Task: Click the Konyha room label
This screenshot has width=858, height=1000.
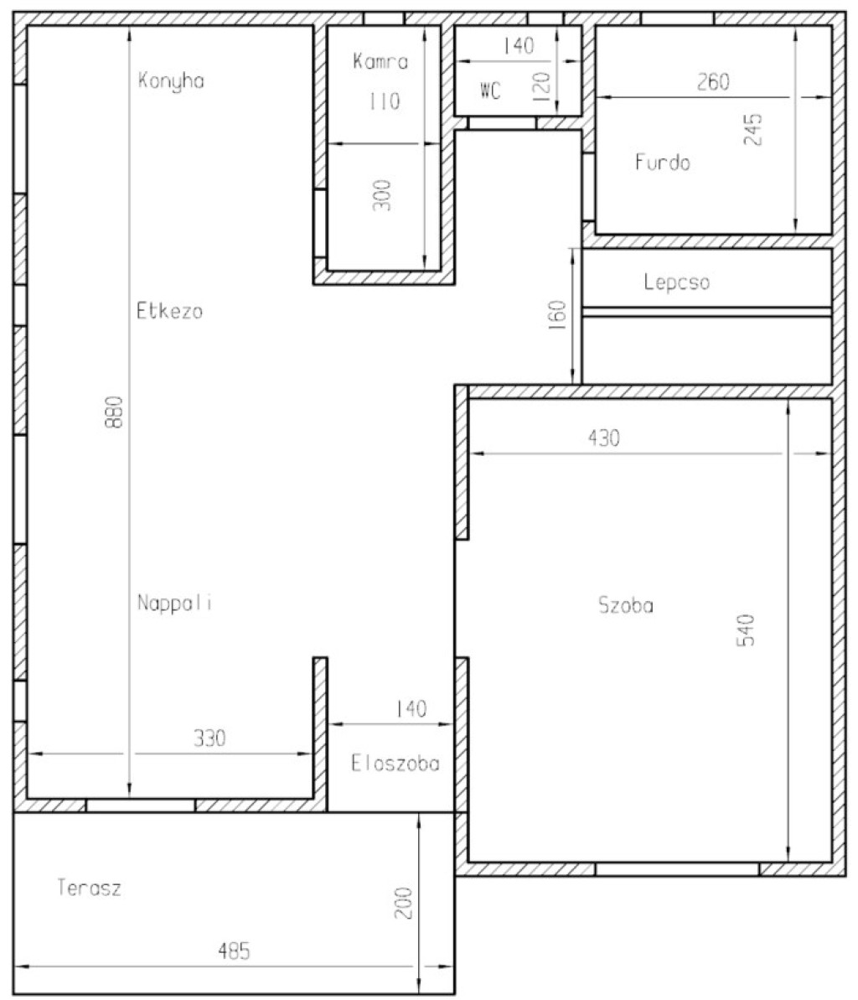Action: point(171,81)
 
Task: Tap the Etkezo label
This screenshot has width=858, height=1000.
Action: point(169,311)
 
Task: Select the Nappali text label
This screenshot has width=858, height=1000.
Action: point(174,603)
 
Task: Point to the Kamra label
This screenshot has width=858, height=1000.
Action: point(380,61)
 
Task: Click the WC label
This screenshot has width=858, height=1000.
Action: point(490,91)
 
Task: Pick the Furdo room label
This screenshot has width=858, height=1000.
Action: point(662,162)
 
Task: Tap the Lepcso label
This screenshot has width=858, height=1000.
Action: point(676,282)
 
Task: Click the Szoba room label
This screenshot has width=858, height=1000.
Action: point(626,604)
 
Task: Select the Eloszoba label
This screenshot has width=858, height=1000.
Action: point(395,763)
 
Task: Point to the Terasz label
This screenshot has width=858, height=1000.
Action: point(90,887)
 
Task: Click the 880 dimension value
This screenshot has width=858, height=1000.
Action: point(114,412)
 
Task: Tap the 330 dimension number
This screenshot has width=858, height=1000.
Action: point(209,738)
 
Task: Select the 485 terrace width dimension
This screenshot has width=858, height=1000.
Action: point(234,951)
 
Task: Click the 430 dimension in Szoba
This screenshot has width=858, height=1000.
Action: point(603,438)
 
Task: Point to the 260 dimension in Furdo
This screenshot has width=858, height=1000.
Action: point(713,81)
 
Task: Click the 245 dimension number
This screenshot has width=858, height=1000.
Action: point(752,129)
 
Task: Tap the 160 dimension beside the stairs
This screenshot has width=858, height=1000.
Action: point(557,315)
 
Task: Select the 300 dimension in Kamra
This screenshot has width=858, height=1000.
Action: point(382,195)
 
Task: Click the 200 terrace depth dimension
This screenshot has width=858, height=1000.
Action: point(404,903)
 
